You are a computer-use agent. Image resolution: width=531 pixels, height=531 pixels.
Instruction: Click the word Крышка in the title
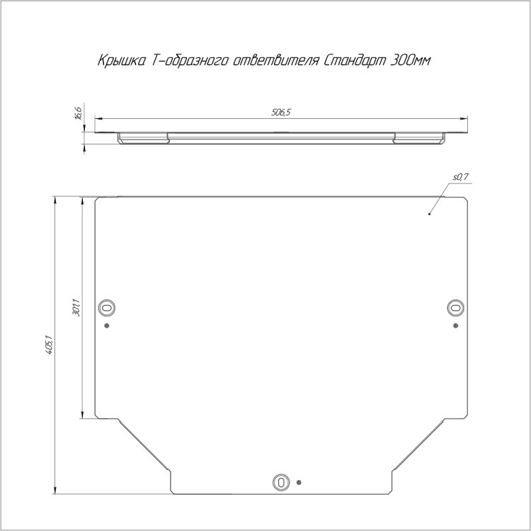click(122, 61)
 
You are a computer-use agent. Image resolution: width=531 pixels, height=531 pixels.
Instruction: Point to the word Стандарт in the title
click(355, 61)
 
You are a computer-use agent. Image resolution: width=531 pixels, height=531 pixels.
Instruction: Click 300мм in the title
click(411, 61)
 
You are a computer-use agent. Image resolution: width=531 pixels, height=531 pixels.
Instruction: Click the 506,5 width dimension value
click(281, 113)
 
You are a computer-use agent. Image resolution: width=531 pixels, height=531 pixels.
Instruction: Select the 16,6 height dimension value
click(78, 113)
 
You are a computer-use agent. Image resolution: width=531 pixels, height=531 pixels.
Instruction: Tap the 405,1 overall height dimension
click(49, 345)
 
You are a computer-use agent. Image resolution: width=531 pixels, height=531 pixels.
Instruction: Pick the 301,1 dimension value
click(76, 307)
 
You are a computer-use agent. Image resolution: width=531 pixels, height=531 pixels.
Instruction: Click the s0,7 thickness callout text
click(461, 177)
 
